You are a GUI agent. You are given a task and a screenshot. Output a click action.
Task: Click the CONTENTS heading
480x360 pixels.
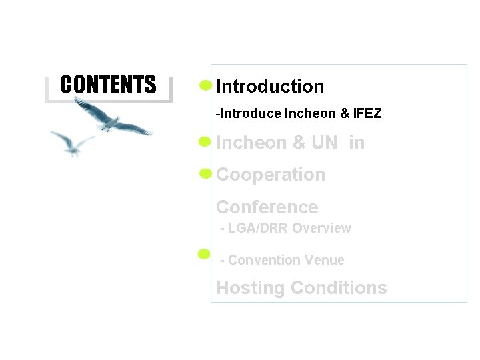pyautogui.click(x=108, y=85)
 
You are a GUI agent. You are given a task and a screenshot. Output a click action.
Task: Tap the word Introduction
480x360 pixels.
pyautogui.click(x=270, y=87)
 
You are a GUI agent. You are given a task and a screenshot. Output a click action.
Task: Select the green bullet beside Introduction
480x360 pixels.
pyautogui.click(x=205, y=85)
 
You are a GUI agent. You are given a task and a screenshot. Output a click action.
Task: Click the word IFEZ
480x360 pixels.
pyautogui.click(x=367, y=114)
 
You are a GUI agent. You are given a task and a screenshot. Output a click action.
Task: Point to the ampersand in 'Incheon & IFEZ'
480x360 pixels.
pyautogui.click(x=345, y=114)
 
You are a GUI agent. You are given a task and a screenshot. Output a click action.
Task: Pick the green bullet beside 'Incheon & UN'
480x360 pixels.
pyautogui.click(x=205, y=141)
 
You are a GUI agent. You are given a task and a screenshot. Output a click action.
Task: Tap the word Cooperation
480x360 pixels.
pyautogui.click(x=271, y=175)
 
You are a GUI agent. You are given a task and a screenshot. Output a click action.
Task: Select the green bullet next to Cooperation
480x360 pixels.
pyautogui.click(x=205, y=174)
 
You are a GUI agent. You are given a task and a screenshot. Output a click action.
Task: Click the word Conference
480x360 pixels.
pyautogui.click(x=267, y=207)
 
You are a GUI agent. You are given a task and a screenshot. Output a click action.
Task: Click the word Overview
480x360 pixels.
pyautogui.click(x=321, y=228)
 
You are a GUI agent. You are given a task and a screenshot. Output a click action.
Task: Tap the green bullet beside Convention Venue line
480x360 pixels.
pyautogui.click(x=205, y=253)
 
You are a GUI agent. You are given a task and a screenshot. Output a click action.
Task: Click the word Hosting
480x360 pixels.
pyautogui.click(x=251, y=288)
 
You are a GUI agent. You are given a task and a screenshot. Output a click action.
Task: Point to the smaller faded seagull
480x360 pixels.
pyautogui.click(x=72, y=142)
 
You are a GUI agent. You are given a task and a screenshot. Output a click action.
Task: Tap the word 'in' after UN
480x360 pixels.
pyautogui.click(x=357, y=143)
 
